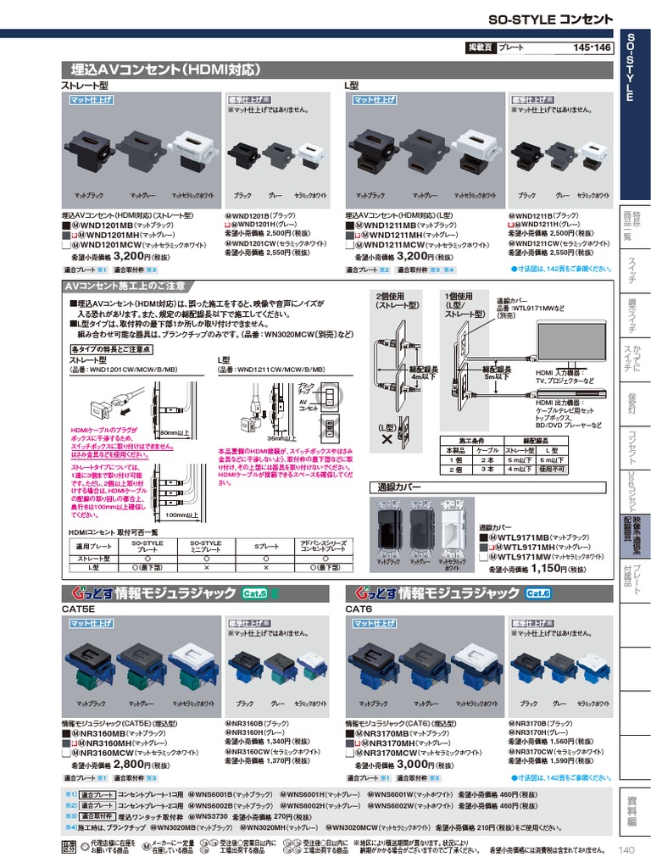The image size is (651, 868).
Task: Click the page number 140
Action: [626, 851]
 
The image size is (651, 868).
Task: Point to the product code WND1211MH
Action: [390, 235]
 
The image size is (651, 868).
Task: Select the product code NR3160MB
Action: [103, 732]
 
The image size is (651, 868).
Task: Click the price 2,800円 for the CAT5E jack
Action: [131, 764]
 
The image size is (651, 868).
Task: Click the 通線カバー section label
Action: [399, 487]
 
